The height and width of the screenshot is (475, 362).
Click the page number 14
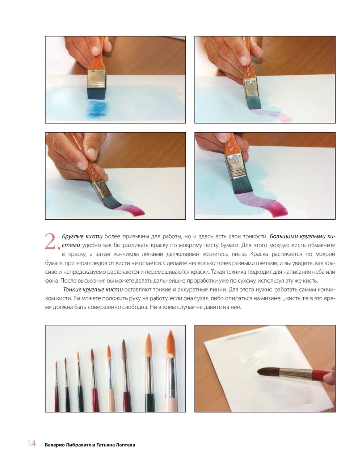click(x=31, y=444)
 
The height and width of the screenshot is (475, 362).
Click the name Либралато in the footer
click(x=76, y=445)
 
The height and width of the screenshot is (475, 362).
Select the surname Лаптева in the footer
click(x=126, y=445)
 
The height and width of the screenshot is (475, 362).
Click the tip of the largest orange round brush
click(x=170, y=331)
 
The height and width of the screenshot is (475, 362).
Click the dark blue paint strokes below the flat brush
click(x=97, y=108)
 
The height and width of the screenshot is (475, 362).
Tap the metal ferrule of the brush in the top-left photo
click(x=97, y=79)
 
